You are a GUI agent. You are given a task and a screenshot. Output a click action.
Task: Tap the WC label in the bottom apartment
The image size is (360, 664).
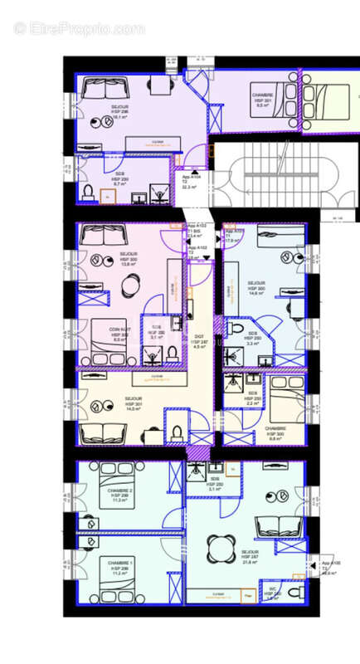pyautogui.click(x=272, y=594)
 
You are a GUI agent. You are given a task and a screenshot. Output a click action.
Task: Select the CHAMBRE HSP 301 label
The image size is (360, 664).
pyautogui.click(x=263, y=100)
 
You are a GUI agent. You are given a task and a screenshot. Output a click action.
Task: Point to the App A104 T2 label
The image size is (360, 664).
pyautogui.click(x=192, y=182)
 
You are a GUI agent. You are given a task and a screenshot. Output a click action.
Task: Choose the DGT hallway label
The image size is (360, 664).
pyautogui.click(x=199, y=341)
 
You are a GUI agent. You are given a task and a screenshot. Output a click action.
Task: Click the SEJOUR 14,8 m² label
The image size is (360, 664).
pyautogui.click(x=255, y=287)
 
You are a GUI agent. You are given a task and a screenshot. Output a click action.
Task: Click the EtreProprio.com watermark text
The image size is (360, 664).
pyautogui.click(x=79, y=28)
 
